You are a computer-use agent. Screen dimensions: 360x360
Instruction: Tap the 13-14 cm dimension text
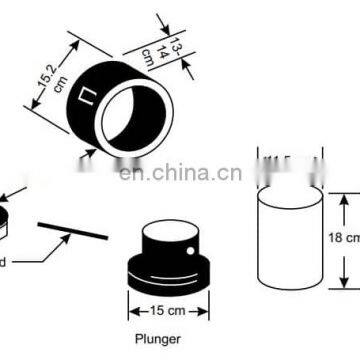[172, 45]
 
